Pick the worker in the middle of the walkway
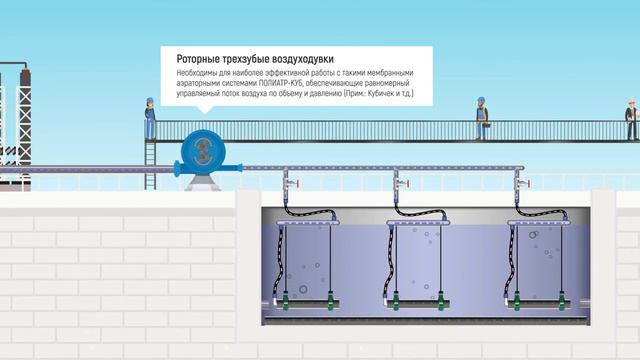click(x=481, y=117)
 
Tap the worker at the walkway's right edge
click(x=631, y=118)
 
